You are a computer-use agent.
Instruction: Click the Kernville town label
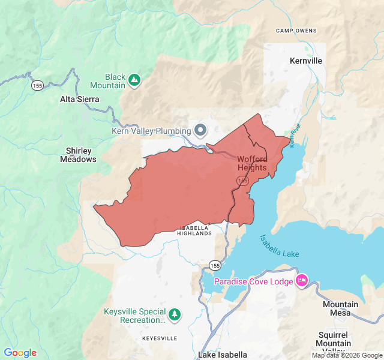pos(305,61)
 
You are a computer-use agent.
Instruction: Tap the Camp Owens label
pos(296,30)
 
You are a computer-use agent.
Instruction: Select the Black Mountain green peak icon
pos(135,79)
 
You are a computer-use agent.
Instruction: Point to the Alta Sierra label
pos(80,99)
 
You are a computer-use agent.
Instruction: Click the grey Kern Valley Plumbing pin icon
pos(200,130)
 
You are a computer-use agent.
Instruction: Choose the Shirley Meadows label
pos(78,155)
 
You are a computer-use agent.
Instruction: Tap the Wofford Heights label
pos(252,163)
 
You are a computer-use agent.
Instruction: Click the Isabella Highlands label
pos(195,230)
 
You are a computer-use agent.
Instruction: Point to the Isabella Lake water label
pos(279,246)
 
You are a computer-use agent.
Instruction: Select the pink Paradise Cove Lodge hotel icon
pos(302,281)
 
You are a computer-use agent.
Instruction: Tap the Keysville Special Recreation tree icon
pos(174,314)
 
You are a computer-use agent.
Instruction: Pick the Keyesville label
pos(160,338)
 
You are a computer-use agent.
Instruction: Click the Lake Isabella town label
pos(222,355)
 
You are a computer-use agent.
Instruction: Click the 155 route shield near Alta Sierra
pos(37,85)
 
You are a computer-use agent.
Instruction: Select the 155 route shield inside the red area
pos(242,181)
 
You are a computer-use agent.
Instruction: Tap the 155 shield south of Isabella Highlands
pos(215,265)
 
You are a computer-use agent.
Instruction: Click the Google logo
pos(20,353)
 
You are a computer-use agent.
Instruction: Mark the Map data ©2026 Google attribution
pos(346,355)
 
